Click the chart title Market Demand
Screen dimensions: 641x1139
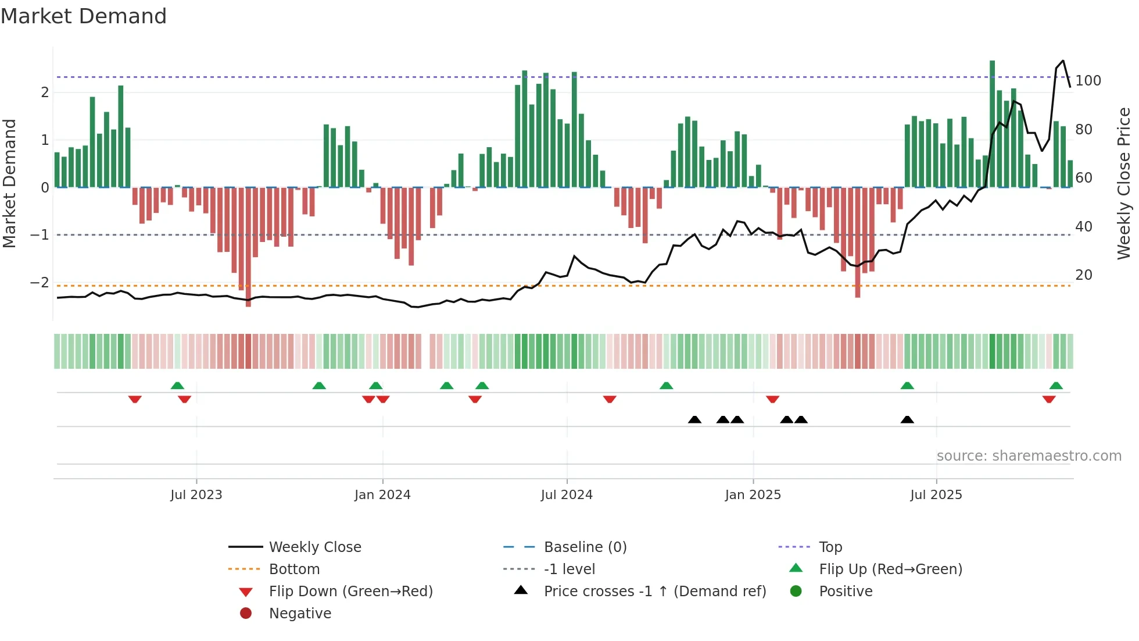[84, 16]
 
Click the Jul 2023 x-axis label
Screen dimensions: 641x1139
[196, 495]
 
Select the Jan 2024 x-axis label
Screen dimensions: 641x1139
[382, 495]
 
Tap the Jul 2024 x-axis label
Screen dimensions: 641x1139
[567, 495]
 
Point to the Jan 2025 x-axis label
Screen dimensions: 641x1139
[753, 495]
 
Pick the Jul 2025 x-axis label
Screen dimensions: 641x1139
[936, 495]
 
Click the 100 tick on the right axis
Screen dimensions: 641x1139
[1088, 81]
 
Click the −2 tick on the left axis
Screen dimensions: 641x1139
[40, 283]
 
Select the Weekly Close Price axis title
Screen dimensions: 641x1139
[1124, 183]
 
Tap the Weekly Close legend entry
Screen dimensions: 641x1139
[315, 547]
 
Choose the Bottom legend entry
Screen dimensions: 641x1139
[294, 569]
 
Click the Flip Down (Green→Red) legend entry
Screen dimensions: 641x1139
[350, 592]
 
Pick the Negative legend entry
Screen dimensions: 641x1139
[300, 614]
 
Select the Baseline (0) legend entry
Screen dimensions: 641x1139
[585, 547]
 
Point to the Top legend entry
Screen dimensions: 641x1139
[830, 547]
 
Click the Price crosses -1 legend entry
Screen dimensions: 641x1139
[655, 592]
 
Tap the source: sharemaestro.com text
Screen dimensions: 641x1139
[1029, 456]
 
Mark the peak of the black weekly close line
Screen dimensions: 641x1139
[1063, 60]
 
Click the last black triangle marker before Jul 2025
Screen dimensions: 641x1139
[907, 420]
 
